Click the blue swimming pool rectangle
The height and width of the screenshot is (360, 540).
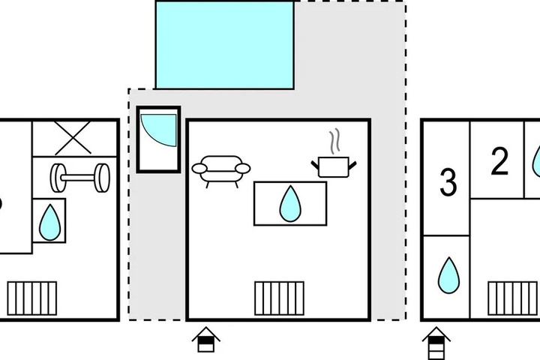[x=224, y=45]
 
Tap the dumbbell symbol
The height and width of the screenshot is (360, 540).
[x=80, y=178]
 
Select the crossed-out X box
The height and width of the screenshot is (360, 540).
[x=73, y=138]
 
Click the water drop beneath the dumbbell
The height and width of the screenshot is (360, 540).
[x=50, y=222]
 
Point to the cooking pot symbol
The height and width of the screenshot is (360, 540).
[x=334, y=167]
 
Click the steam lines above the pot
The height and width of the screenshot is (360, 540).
[x=335, y=141]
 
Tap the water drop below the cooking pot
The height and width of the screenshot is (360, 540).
[x=290, y=203]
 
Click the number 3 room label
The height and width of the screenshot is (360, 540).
[x=448, y=182]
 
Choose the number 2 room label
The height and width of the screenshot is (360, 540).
[x=499, y=161]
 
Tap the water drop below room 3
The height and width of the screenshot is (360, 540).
[x=448, y=275]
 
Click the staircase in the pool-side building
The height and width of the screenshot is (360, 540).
[x=279, y=298]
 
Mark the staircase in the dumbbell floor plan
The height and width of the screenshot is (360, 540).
[x=32, y=298]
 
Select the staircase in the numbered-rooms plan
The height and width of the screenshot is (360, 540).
[x=513, y=298]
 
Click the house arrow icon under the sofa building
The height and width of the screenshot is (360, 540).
[x=206, y=340]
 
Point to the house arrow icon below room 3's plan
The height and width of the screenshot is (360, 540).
[x=436, y=343]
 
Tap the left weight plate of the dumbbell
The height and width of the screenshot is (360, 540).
[x=58, y=178]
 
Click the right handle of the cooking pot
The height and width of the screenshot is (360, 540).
[x=352, y=165]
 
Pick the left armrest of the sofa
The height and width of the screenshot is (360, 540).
[x=199, y=169]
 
